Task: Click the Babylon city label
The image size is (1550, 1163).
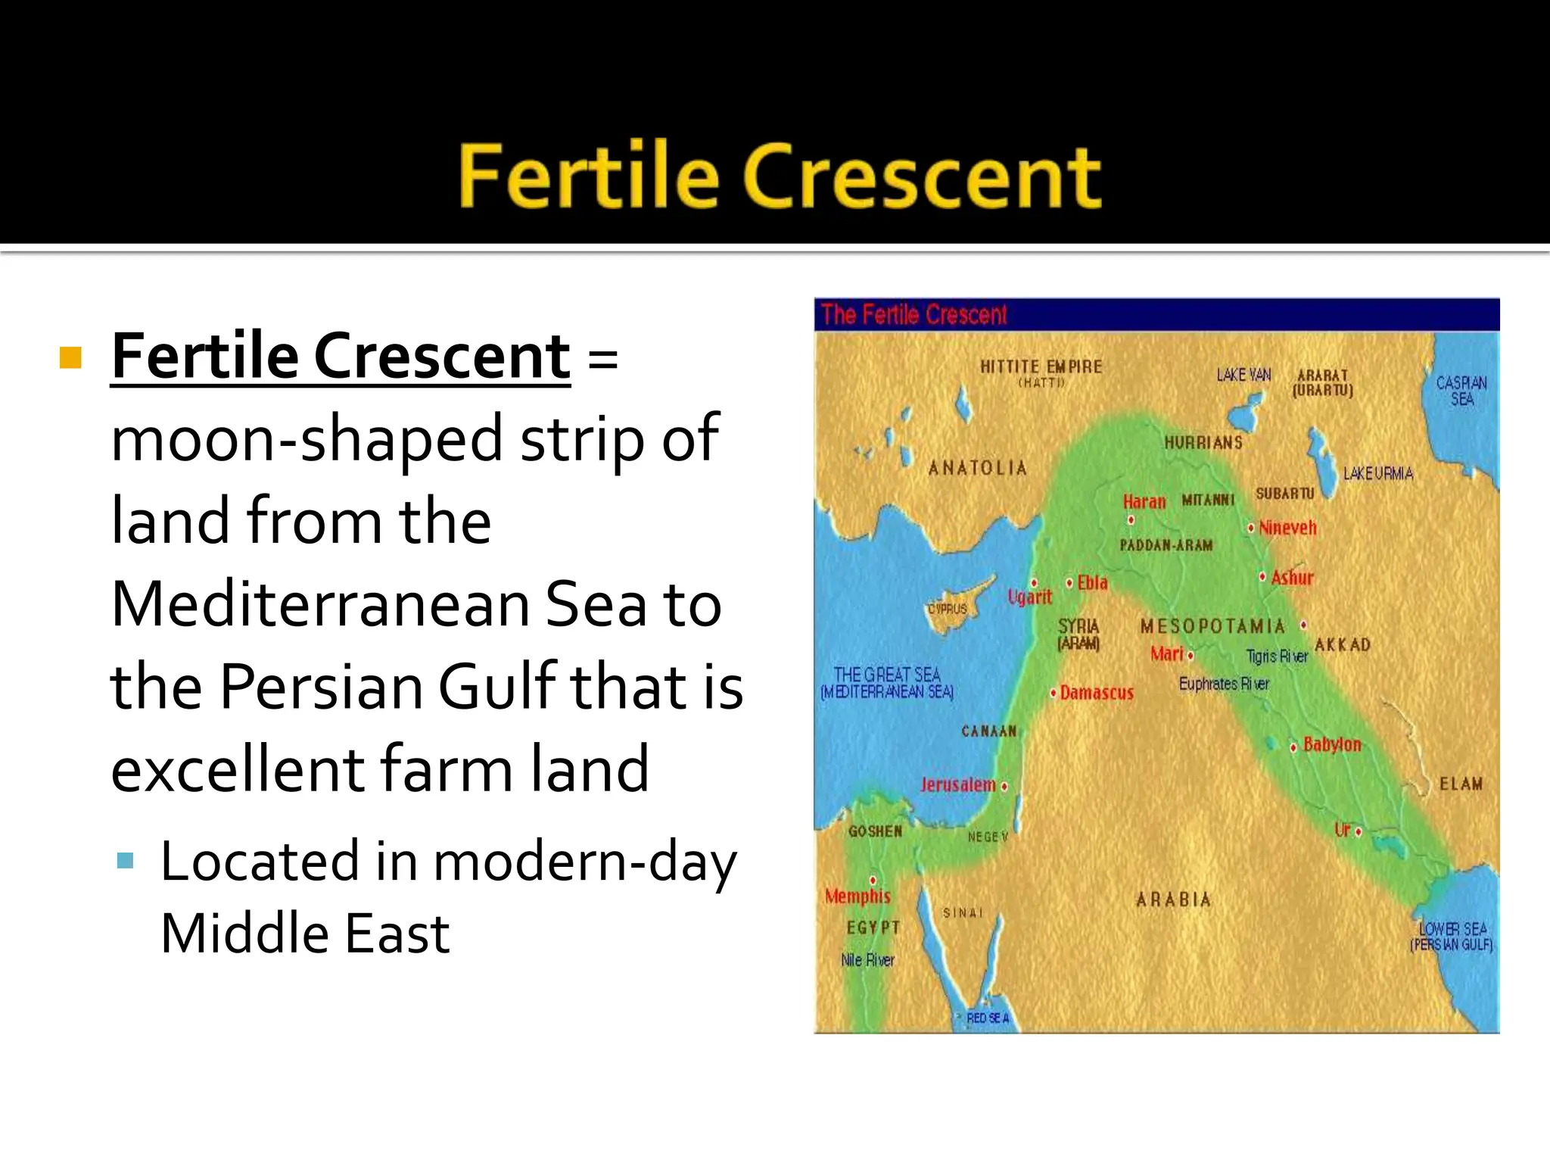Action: coord(1331,744)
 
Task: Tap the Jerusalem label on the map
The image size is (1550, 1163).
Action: coord(957,784)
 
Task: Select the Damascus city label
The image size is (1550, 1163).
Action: coord(1096,693)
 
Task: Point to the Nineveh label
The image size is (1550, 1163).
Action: coord(1287,528)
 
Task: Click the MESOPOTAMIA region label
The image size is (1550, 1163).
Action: coord(1212,626)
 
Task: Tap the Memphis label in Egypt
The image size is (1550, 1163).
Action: coord(857,896)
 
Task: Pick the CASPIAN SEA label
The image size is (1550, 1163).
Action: coord(1461,391)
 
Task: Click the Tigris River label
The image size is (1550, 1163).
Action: coord(1277,656)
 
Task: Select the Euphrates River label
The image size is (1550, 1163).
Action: coord(1224,684)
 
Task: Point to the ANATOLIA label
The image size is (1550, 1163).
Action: coord(977,468)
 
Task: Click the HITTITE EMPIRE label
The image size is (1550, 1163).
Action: coord(1041,367)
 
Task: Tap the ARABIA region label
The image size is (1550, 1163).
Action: coord(1173,900)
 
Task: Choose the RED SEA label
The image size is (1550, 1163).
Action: coord(988,1018)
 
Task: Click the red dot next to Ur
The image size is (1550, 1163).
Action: coord(1359,832)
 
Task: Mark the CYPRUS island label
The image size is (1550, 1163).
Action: coord(948,609)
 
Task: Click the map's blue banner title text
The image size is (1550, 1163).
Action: coord(914,314)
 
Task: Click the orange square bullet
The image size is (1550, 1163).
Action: coord(70,357)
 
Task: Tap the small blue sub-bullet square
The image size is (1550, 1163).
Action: coord(126,860)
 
